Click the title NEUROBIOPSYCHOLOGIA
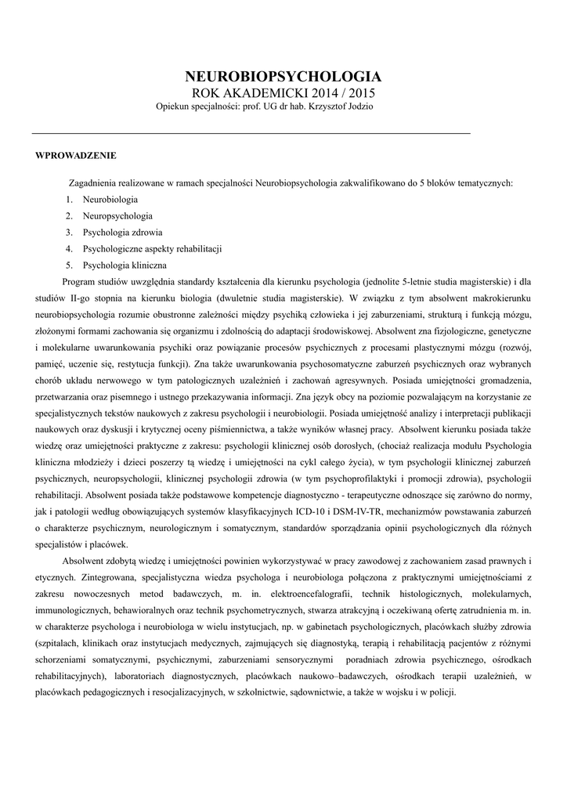pos(283,77)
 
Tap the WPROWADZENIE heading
pos(76,155)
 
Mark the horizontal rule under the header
pos(251,134)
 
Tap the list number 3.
pos(69,232)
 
